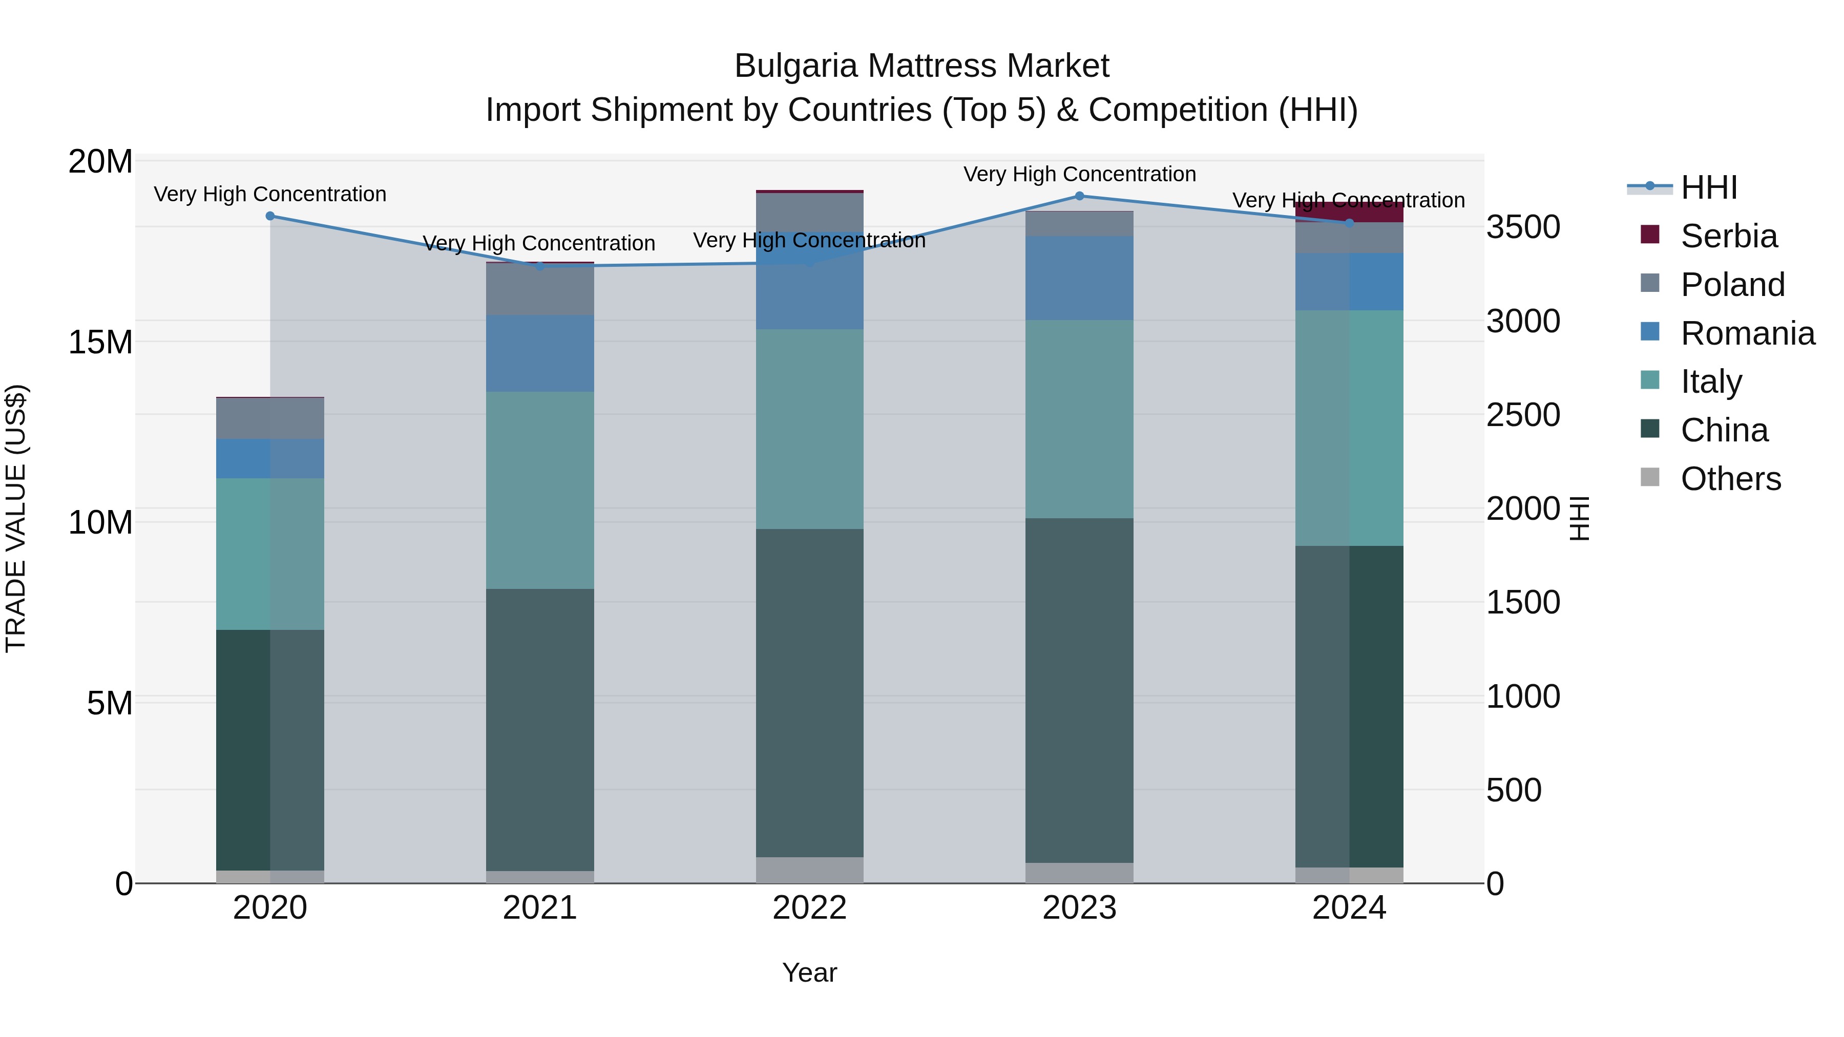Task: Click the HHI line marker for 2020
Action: click(x=270, y=216)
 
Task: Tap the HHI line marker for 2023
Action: click(x=1079, y=196)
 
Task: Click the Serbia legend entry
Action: click(x=1728, y=236)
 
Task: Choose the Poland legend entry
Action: click(x=1732, y=285)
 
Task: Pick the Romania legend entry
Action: click(x=1747, y=333)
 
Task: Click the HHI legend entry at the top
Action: click(x=1708, y=187)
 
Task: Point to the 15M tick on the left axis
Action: click(x=100, y=342)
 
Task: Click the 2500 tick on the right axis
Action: click(x=1523, y=415)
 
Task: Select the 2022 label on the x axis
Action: click(x=810, y=908)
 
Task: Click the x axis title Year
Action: click(x=810, y=972)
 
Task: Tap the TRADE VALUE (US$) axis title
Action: click(x=16, y=518)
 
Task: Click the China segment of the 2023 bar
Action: click(x=1079, y=691)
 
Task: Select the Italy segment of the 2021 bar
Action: click(x=540, y=490)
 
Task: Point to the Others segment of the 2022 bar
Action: click(x=810, y=870)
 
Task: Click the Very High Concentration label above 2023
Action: click(x=1079, y=174)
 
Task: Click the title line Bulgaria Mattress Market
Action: click(x=921, y=66)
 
